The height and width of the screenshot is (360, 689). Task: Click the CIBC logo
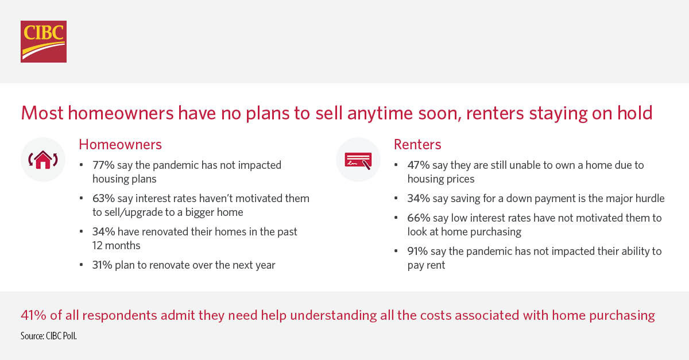(44, 41)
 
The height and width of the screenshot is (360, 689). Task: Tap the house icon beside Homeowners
(43, 160)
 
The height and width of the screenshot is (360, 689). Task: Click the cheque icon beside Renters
(358, 161)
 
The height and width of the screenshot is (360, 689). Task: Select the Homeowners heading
(120, 144)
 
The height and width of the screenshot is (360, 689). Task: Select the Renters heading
(417, 144)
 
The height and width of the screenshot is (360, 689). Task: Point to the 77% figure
(103, 165)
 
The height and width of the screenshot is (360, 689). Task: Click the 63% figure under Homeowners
(104, 198)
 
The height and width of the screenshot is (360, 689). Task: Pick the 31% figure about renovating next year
(102, 265)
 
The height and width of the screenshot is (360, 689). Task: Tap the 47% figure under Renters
(419, 165)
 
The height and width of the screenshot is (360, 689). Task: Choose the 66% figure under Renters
(419, 218)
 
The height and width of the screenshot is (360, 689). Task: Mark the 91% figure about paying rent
(417, 251)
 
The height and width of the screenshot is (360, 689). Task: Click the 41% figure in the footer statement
(33, 315)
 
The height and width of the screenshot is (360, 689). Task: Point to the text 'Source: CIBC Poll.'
(49, 336)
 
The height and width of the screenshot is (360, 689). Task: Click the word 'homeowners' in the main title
(121, 113)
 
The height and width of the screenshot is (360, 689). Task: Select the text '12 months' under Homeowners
(116, 246)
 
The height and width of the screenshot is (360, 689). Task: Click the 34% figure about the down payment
(419, 198)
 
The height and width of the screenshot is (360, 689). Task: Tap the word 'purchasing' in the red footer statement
(622, 316)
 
